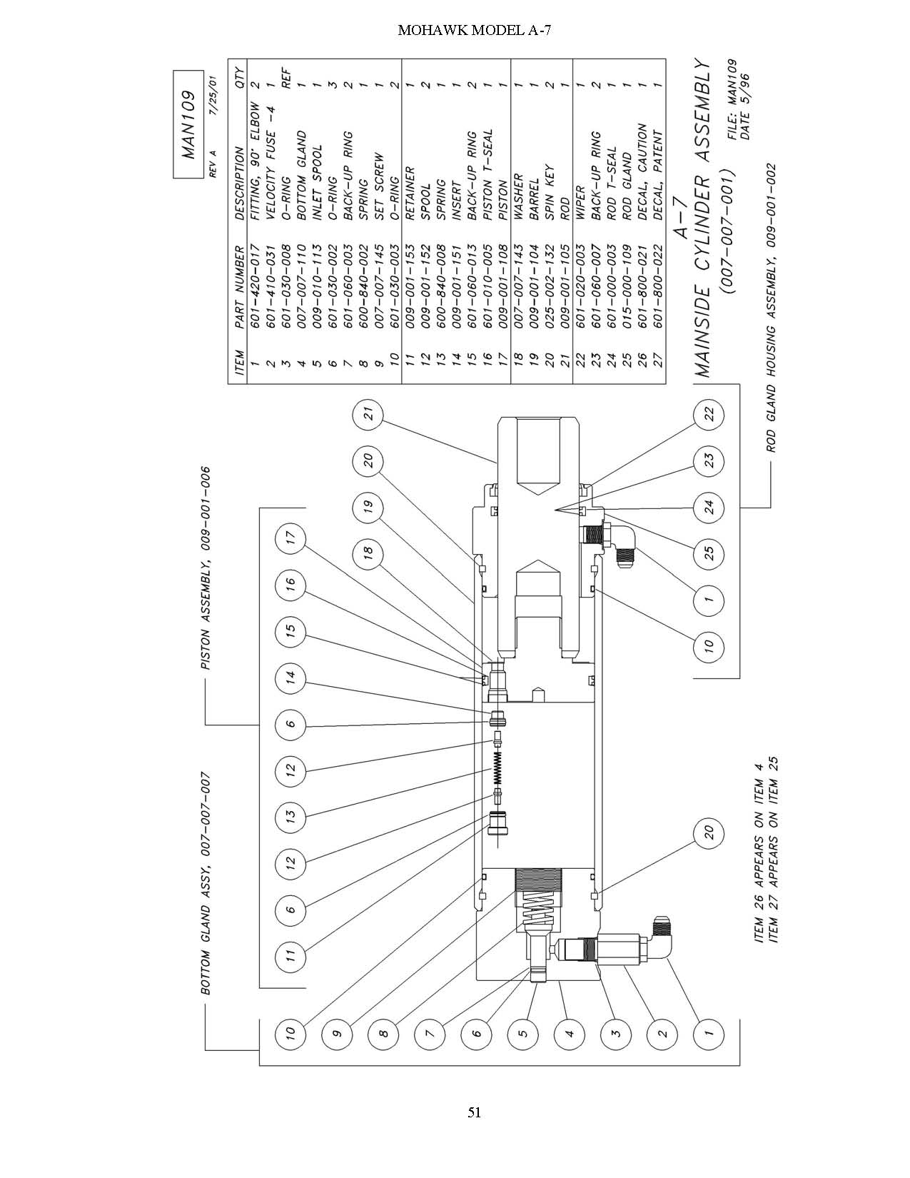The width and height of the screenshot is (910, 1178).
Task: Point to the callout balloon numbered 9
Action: click(337, 1033)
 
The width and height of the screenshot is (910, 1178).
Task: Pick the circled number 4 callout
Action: click(570, 1033)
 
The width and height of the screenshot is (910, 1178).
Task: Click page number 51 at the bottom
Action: click(474, 1113)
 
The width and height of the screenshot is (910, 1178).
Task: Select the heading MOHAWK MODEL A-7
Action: click(474, 31)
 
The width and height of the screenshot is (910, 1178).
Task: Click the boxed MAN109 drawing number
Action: click(190, 124)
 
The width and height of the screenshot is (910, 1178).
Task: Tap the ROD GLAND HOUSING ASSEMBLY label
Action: click(772, 308)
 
